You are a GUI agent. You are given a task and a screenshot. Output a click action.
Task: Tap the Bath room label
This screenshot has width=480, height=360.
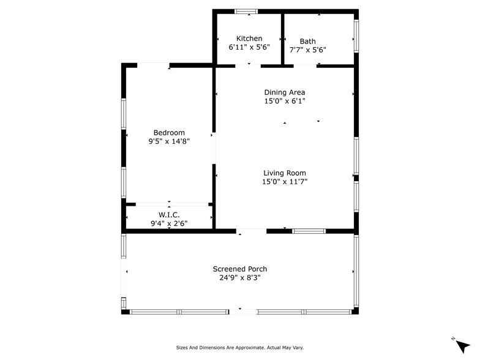[x=307, y=42]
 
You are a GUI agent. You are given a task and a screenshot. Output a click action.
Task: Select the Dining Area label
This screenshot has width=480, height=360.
[x=284, y=92]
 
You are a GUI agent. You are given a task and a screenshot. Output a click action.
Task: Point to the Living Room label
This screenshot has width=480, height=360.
[x=284, y=173]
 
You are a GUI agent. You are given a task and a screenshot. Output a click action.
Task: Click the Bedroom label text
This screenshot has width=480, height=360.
[x=169, y=133]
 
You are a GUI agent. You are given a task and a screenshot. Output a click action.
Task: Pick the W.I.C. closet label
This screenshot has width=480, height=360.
[x=169, y=215]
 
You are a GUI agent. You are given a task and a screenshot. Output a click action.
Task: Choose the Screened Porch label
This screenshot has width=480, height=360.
[x=239, y=269]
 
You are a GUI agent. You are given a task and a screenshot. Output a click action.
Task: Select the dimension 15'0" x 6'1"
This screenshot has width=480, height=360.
[x=284, y=101]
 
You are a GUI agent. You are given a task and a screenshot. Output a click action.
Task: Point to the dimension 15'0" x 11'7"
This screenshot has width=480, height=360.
[x=284, y=181]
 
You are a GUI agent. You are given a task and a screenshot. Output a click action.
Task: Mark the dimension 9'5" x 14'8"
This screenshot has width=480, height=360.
[x=169, y=141]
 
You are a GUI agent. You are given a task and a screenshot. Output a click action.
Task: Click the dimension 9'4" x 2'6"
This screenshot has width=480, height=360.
[x=169, y=223]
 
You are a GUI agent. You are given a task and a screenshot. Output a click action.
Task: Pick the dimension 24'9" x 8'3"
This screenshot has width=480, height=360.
[x=239, y=277]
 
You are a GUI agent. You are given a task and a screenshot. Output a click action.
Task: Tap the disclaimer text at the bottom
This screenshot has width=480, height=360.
[x=239, y=348]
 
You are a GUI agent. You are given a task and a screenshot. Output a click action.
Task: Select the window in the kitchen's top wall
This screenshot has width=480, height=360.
[x=247, y=11]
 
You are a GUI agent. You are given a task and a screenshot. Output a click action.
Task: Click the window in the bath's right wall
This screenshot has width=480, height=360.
[x=356, y=37]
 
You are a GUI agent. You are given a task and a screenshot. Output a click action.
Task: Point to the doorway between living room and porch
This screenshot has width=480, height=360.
[x=251, y=231]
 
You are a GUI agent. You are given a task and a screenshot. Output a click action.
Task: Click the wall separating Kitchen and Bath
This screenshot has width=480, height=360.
[x=282, y=38]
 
